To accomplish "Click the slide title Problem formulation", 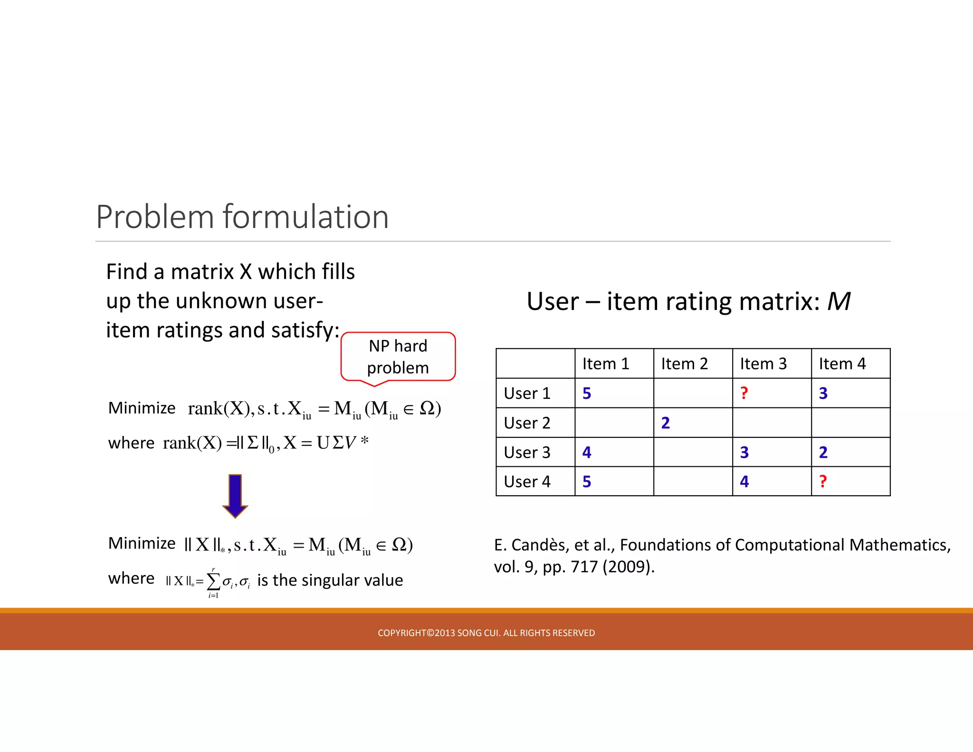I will coord(242,217).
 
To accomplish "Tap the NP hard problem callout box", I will coord(398,357).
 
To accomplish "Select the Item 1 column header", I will coord(606,364).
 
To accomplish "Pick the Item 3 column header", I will coord(763,364).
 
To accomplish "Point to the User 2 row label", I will coord(527,423).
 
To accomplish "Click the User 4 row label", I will coord(527,482).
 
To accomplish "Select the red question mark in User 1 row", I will coord(744,393).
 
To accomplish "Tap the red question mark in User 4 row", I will coord(823,482).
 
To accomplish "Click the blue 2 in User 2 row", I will coord(665,423).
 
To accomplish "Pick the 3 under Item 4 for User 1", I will coord(823,393).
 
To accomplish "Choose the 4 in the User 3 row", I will coord(587,452).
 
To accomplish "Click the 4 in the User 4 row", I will coord(744,482).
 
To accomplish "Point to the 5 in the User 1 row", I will coord(587,393).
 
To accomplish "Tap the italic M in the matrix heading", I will coord(839,301).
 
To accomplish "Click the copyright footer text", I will coord(486,633).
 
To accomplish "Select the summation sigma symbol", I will coord(213,581).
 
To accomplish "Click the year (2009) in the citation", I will coord(628,567).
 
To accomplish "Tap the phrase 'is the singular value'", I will coord(330,580).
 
